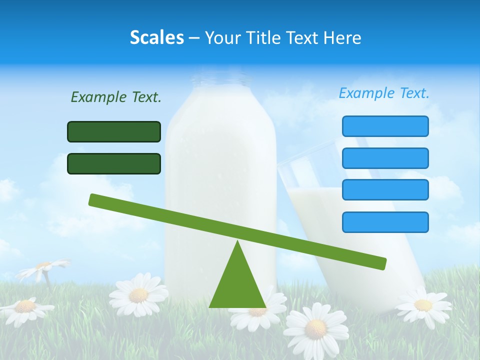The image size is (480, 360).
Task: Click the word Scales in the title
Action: (x=156, y=37)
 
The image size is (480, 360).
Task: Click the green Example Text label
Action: (x=116, y=97)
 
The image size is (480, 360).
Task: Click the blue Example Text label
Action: (x=384, y=93)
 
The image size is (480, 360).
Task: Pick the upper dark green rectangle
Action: (x=114, y=131)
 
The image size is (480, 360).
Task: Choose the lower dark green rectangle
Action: (x=114, y=163)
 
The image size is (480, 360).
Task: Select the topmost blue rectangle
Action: (x=385, y=126)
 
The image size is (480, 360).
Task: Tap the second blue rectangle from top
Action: (x=385, y=158)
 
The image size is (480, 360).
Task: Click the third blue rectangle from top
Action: (x=385, y=189)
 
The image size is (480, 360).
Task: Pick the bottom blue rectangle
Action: (x=385, y=222)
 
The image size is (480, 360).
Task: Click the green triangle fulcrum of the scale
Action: (x=237, y=285)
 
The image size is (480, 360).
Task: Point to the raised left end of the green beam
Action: (x=94, y=199)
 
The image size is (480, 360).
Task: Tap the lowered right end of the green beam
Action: (x=381, y=263)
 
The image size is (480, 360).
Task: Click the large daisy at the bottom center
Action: (x=316, y=328)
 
